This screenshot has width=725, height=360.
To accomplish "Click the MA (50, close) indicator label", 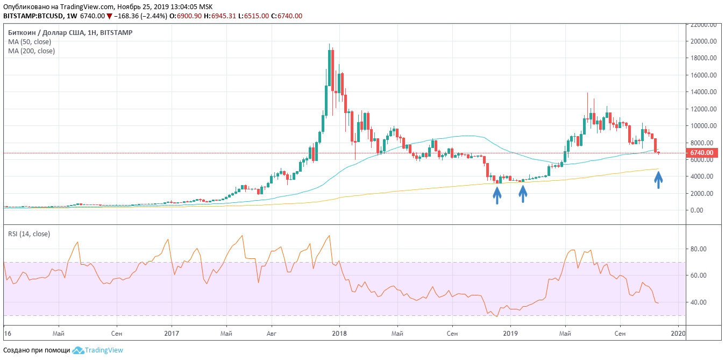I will point(30,41).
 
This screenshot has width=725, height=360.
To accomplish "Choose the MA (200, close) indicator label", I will point(31,51).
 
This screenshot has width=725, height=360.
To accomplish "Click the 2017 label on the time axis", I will point(172,334).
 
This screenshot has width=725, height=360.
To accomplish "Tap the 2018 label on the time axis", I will point(339,334).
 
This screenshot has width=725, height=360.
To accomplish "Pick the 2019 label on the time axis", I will point(509,334).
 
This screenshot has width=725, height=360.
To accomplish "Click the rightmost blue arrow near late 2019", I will point(659,180).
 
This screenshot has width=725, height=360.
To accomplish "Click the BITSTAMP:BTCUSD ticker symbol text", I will point(33,16).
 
